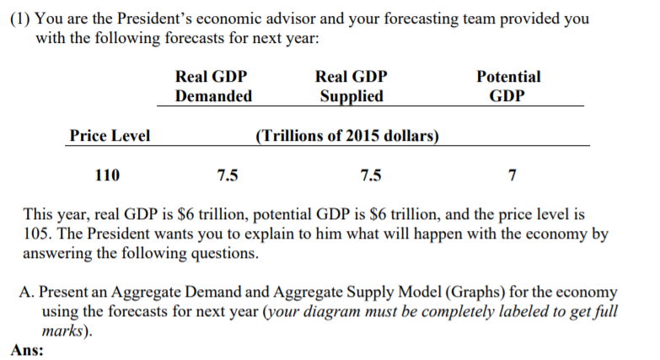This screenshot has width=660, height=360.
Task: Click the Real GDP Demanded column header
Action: pyautogui.click(x=212, y=86)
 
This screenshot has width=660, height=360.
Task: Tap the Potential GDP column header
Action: pyautogui.click(x=508, y=86)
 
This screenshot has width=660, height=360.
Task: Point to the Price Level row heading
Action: pyautogui.click(x=110, y=136)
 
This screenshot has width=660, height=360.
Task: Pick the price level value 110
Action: pyautogui.click(x=107, y=176)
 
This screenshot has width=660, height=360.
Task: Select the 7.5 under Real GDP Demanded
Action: pyautogui.click(x=227, y=176)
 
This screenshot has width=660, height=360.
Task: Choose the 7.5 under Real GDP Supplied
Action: pyautogui.click(x=369, y=176)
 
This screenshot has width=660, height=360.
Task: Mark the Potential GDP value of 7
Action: pyautogui.click(x=512, y=176)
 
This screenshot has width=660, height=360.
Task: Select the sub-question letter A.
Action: pyautogui.click(x=26, y=292)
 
